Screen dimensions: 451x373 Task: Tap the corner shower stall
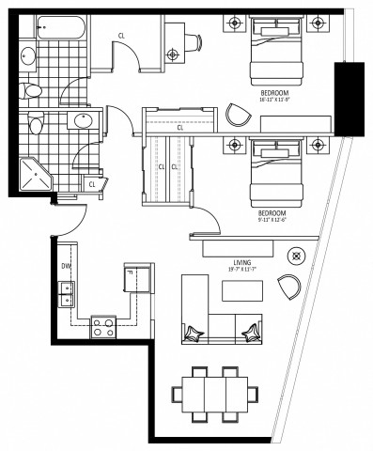click(34, 173)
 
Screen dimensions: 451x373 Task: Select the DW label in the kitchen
click(65, 266)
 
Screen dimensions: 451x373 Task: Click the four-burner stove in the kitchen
click(102, 327)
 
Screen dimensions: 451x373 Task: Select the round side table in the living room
click(297, 254)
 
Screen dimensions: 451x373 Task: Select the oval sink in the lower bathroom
click(84, 121)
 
